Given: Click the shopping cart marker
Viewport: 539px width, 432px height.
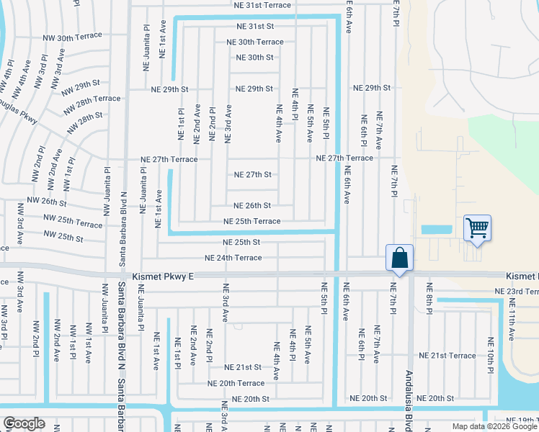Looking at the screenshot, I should coord(477,228).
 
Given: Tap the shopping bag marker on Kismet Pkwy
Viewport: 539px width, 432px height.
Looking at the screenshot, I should coord(398,257).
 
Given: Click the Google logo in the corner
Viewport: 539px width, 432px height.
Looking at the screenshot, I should coord(24,423).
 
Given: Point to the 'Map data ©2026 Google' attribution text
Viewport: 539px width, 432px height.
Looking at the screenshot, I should coord(494,426).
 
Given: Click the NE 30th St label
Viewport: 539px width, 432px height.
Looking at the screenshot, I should coord(255,58).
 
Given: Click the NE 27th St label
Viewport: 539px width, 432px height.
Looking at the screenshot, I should coord(252,174).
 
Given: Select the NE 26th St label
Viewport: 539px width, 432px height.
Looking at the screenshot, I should coord(252,205).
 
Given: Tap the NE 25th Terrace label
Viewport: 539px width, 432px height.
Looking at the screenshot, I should coord(251,221).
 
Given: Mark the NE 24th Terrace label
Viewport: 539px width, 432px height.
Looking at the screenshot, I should coord(233,258).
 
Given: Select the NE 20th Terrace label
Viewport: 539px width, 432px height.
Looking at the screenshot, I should coord(236,383).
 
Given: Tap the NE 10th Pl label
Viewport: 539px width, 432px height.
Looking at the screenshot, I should coord(491,351).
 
